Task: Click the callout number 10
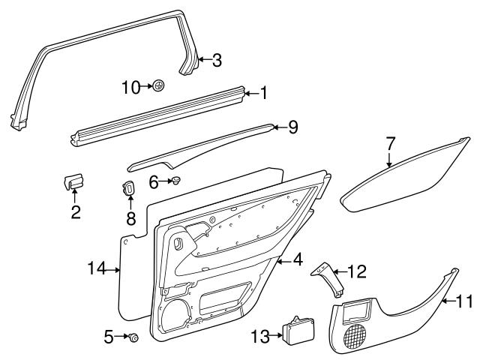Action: point(130,87)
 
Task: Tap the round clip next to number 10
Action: point(159,87)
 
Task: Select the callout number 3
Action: point(217,61)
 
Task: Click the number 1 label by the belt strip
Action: point(263,93)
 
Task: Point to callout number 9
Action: point(292,127)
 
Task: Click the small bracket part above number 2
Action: point(73,181)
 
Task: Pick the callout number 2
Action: point(75,212)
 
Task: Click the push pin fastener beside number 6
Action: point(177,181)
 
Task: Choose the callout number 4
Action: point(298,260)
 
